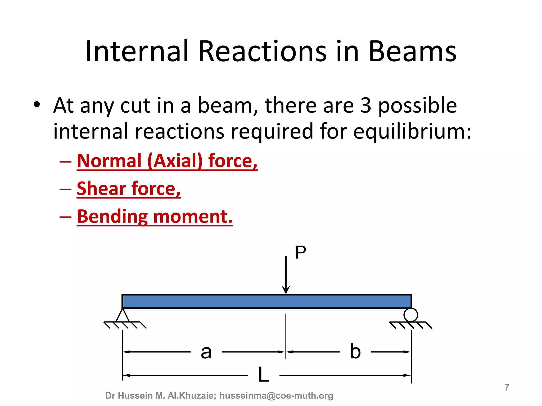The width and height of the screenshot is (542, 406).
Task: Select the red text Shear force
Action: click(129, 189)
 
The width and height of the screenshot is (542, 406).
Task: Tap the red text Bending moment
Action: click(155, 216)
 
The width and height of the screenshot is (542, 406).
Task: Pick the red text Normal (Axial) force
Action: click(167, 161)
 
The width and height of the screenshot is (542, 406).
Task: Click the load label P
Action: click(300, 253)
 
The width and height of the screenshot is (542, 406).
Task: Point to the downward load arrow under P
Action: click(286, 275)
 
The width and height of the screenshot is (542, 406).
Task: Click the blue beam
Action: click(267, 301)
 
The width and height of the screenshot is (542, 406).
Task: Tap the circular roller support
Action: click(410, 315)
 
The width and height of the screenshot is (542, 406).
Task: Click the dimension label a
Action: click(206, 352)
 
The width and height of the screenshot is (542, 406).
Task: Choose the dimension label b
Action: click(355, 352)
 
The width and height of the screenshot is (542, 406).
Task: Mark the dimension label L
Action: click(264, 375)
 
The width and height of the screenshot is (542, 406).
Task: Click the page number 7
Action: click(507, 387)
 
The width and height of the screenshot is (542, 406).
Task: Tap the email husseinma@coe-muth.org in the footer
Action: click(276, 396)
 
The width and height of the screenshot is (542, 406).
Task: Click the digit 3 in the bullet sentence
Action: click(365, 105)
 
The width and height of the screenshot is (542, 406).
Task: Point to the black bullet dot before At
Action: click(37, 105)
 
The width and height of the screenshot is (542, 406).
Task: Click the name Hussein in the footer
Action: click(138, 396)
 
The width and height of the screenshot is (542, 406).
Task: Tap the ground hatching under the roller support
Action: click(411, 325)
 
